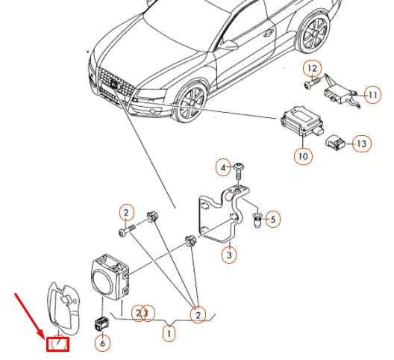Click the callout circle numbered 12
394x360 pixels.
coord(313,68)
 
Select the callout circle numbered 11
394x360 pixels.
coord(372,95)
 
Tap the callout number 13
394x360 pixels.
coord(362,143)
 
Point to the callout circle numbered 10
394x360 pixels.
coord(303,157)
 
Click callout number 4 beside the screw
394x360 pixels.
coord(223,167)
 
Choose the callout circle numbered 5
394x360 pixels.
coord(273,220)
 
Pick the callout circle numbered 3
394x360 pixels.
coord(229,255)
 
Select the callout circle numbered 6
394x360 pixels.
coord(102,343)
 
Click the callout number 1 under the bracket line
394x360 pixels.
coord(169,334)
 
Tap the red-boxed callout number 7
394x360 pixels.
coord(58,344)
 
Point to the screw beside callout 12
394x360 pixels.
coord(313,83)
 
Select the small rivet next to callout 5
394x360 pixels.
coord(257,220)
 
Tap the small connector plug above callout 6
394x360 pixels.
coord(102,323)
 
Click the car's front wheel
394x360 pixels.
coord(191,101)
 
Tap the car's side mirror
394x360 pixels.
coord(228,46)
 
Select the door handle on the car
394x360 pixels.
coord(269,32)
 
